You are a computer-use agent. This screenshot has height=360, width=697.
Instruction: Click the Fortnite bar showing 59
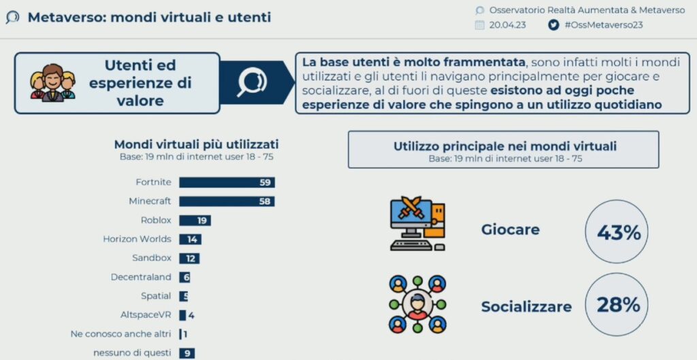pos(227,182)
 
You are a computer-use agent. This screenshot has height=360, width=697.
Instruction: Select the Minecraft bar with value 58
pos(227,201)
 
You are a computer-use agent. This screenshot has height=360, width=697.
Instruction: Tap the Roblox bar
pos(195,220)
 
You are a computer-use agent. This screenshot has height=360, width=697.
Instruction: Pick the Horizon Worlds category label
pos(137,239)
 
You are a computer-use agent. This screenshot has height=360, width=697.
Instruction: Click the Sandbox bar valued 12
pos(189,258)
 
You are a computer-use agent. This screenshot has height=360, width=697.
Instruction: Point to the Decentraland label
pos(141,278)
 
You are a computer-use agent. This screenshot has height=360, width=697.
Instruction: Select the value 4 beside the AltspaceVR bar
pos(191,316)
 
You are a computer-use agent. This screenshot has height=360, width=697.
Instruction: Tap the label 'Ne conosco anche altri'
pos(121,334)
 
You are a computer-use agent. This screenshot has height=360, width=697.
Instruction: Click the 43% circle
pos(617,232)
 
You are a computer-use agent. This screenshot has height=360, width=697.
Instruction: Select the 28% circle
pos(617,305)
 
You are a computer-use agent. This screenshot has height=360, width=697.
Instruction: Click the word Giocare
pos(510,230)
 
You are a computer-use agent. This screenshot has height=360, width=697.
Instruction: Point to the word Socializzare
pos(527,307)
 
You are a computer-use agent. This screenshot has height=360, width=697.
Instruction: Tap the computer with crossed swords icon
pos(417,223)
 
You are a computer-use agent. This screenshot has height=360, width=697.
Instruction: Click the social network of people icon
pos(417,304)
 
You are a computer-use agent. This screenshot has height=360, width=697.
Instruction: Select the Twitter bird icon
pos(553,25)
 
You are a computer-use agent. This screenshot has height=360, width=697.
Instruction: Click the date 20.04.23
pos(508,25)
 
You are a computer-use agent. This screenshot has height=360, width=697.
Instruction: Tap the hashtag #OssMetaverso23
pos(604,25)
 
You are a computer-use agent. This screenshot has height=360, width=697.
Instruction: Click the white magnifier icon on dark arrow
pos(252,82)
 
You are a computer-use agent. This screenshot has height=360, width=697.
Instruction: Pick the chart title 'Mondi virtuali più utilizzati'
pos(197,145)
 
